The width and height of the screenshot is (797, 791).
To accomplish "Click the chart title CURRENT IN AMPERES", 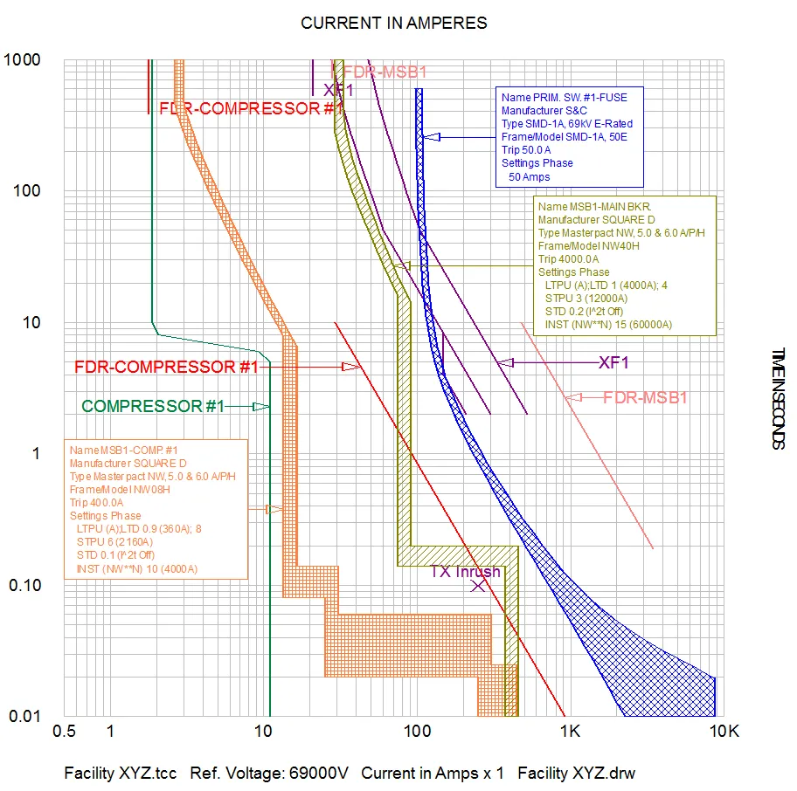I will click(393, 23).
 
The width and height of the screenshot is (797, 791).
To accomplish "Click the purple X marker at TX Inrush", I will click(478, 585).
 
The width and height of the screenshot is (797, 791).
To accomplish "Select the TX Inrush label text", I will click(465, 572).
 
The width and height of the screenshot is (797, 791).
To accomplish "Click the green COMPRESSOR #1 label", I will click(153, 406).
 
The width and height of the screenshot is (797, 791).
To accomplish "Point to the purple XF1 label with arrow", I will click(613, 362).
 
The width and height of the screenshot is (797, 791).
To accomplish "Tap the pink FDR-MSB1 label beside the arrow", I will click(646, 398).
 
